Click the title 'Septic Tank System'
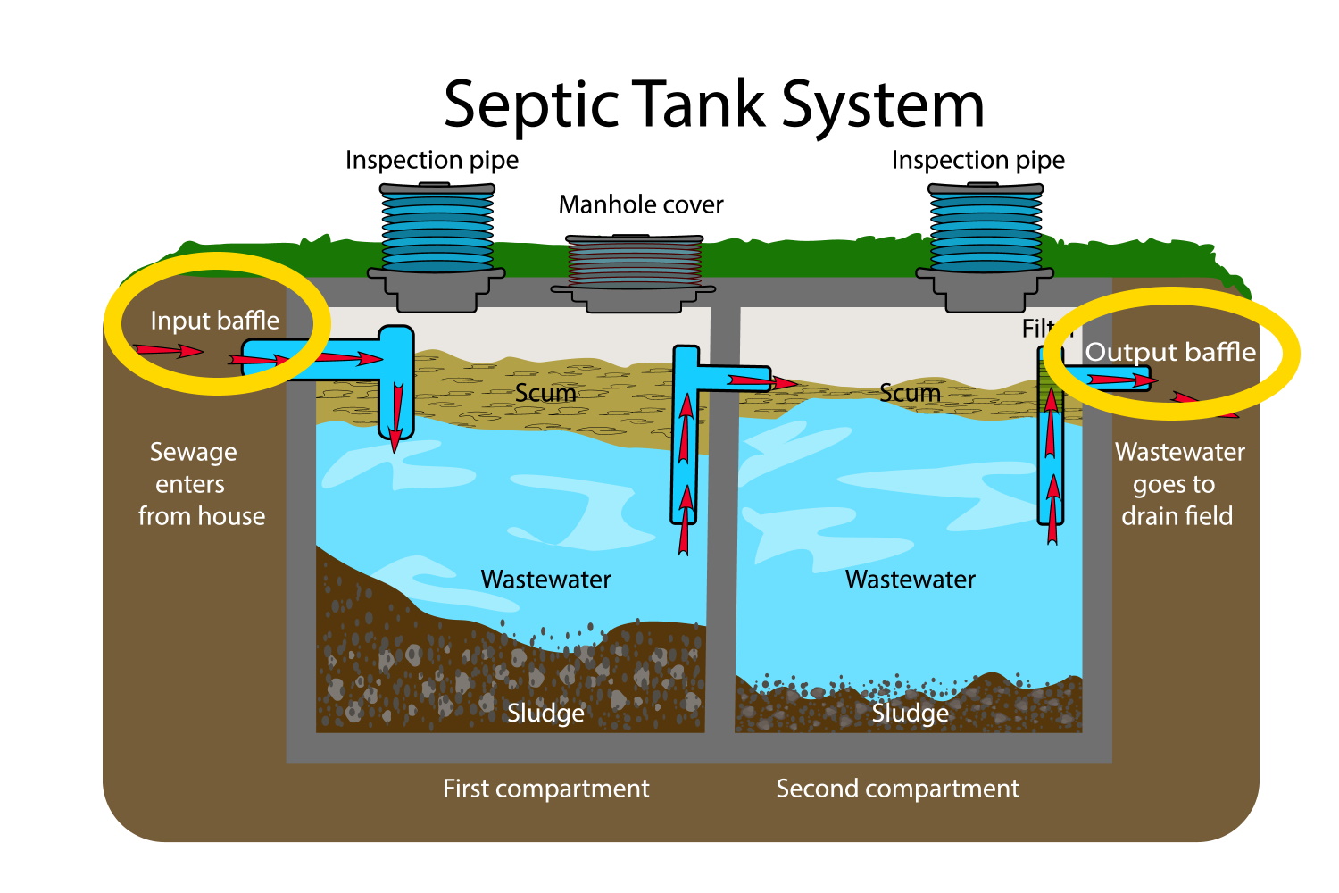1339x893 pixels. [x=713, y=104]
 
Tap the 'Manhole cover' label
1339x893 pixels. [x=641, y=205]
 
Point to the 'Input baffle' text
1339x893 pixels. [x=214, y=321]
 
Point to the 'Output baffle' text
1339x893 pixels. [x=1170, y=352]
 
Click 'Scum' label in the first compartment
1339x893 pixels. [x=545, y=393]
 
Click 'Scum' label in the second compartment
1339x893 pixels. [x=910, y=393]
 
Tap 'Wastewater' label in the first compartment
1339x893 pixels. [x=545, y=580]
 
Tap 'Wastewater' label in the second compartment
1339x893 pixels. [x=910, y=580]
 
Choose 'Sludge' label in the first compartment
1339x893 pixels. [x=545, y=713]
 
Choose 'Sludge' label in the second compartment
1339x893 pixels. [x=910, y=713]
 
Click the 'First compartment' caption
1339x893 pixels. [x=545, y=789]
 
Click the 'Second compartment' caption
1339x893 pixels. [x=897, y=789]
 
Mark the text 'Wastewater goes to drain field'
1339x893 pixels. [x=1178, y=484]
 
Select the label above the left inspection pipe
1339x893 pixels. [x=432, y=161]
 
